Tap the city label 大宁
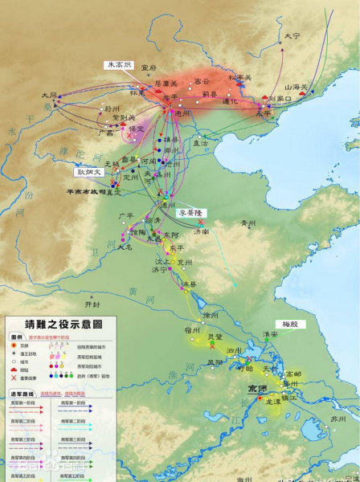[x=291, y=36]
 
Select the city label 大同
[x=50, y=95]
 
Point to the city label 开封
[x=93, y=304]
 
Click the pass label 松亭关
[x=239, y=78]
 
